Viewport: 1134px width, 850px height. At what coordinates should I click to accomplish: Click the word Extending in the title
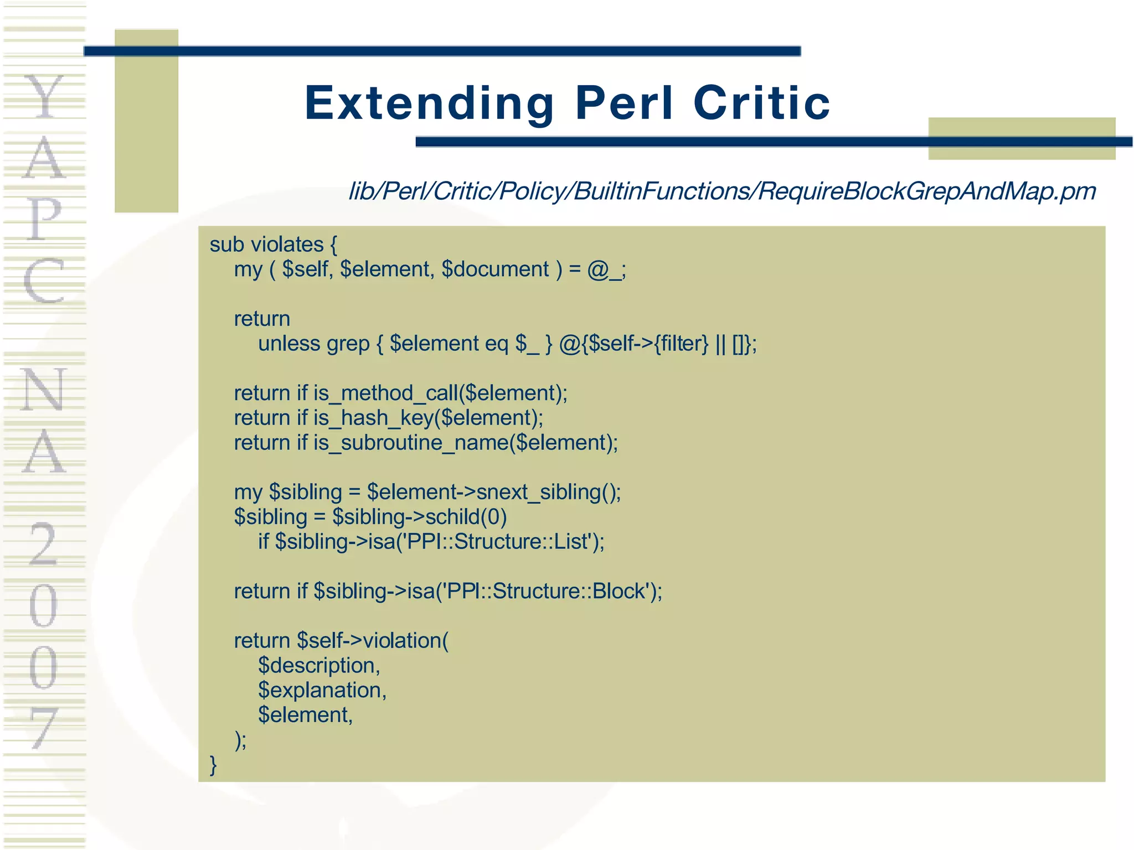click(x=429, y=103)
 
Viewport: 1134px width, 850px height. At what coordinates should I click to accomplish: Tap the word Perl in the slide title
click(x=624, y=103)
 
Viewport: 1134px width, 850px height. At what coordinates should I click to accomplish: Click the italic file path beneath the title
click(x=722, y=191)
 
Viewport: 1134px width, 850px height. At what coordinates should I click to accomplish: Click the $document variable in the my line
click(x=495, y=269)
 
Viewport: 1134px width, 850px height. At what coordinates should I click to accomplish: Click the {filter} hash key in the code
click(x=681, y=344)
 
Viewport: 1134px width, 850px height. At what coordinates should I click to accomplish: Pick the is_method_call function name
click(x=385, y=393)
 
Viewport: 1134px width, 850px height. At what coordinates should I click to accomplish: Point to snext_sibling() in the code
click(x=548, y=492)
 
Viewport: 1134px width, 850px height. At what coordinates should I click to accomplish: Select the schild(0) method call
click(x=466, y=517)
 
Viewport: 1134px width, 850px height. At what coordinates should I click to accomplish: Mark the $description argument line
click(x=319, y=665)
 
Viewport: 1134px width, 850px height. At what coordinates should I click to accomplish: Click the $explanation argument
click(x=322, y=690)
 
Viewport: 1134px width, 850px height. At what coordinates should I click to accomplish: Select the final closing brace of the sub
click(x=214, y=765)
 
